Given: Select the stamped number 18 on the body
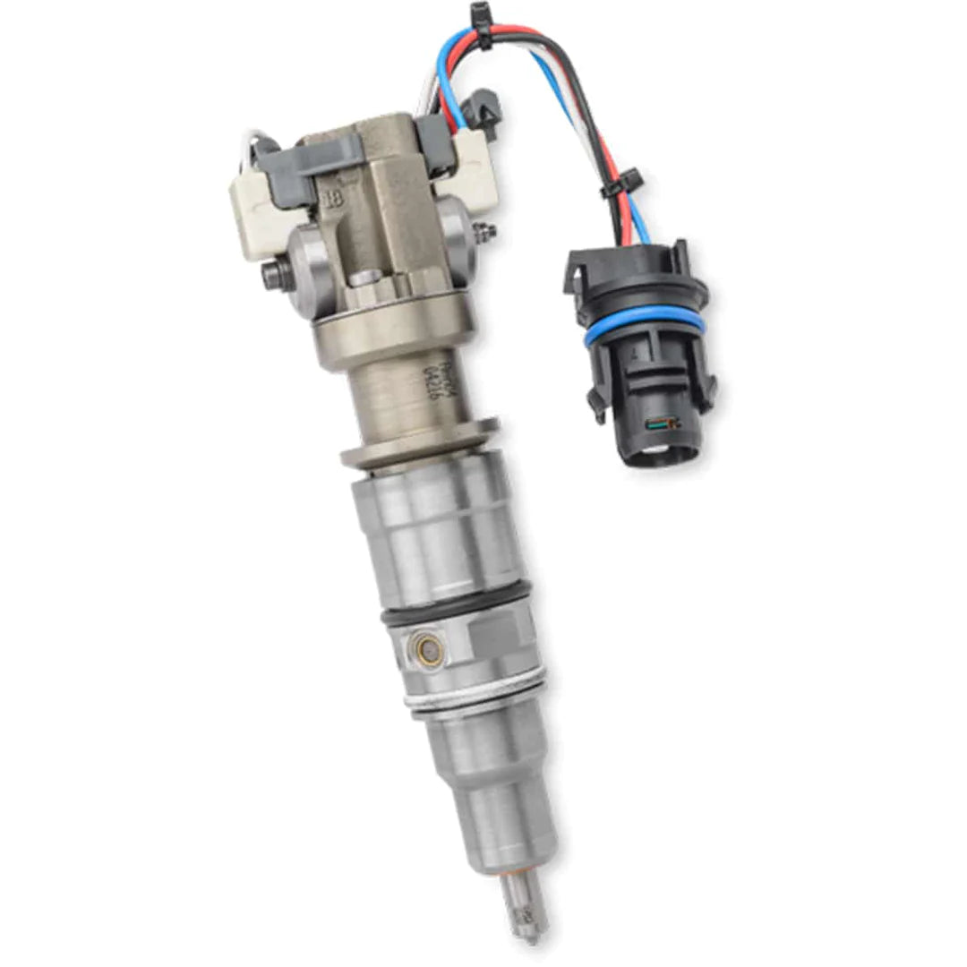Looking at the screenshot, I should [x=333, y=200].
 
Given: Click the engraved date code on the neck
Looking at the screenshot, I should [x=436, y=377].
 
